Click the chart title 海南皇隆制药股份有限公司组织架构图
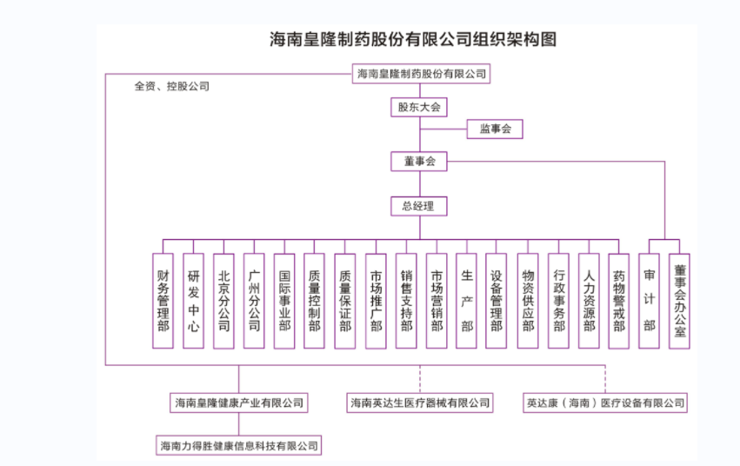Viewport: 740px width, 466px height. click(412, 39)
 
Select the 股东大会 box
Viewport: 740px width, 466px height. click(420, 108)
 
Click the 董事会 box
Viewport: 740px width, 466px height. click(420, 161)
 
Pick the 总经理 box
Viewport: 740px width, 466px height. click(419, 207)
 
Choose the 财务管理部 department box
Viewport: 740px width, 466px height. click(163, 301)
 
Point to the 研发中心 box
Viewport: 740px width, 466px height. click(193, 301)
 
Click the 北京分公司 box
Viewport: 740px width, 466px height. click(223, 301)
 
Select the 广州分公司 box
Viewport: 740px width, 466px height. click(254, 301)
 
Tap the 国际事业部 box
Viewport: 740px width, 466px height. click(284, 301)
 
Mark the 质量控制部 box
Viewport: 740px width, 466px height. click(315, 301)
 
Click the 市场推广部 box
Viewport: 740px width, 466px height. click(376, 301)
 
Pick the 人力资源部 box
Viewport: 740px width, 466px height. click(589, 301)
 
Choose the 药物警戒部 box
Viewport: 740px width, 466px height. click(619, 301)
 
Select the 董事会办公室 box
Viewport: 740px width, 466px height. click(679, 301)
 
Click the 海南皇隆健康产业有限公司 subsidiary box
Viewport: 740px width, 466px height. click(239, 403)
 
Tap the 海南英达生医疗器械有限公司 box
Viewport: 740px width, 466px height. click(420, 403)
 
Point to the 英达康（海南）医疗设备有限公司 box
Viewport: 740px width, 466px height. click(605, 403)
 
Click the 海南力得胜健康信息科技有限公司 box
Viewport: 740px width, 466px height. click(239, 445)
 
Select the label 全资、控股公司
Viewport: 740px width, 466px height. click(172, 87)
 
